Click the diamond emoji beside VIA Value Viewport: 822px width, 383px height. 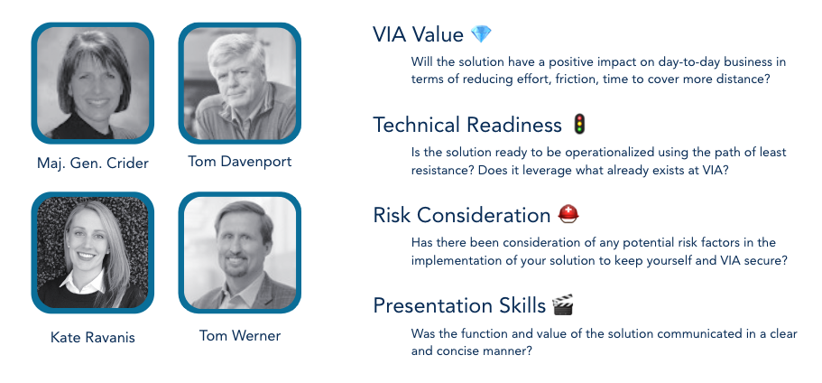click(x=481, y=34)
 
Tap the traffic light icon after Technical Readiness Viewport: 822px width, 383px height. click(x=578, y=125)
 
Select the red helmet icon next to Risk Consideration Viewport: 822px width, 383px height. click(x=568, y=214)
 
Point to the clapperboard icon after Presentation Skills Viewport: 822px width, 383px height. click(x=563, y=304)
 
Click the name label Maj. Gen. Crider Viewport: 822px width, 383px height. click(x=93, y=163)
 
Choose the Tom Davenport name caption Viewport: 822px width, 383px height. click(x=240, y=161)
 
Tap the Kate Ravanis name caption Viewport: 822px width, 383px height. click(x=93, y=337)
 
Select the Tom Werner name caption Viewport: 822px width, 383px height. click(x=240, y=335)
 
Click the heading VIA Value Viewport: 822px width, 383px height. click(x=419, y=34)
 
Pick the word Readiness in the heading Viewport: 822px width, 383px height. click(x=514, y=125)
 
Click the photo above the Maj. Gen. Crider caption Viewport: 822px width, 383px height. click(x=93, y=83)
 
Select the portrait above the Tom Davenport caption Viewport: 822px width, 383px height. click(x=240, y=83)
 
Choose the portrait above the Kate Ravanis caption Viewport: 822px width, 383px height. click(x=93, y=253)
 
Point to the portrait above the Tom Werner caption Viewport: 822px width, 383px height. click(x=240, y=253)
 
